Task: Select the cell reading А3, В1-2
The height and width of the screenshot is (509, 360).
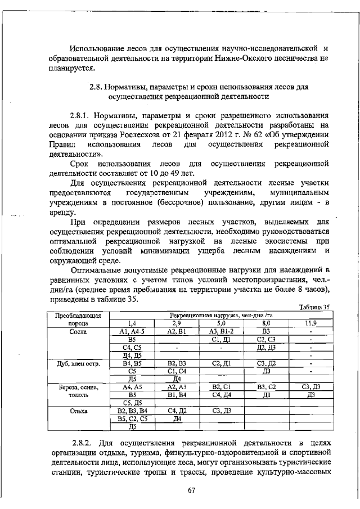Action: (221, 332)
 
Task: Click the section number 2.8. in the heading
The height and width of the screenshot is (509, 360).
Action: (99, 88)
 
